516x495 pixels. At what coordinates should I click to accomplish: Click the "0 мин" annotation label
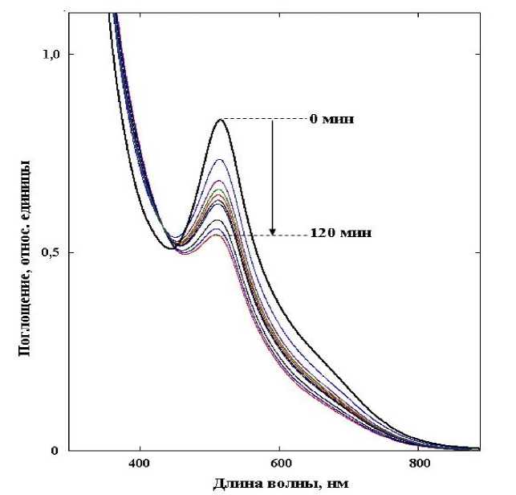click(x=331, y=120)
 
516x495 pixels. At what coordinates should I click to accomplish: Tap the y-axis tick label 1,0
click(x=51, y=55)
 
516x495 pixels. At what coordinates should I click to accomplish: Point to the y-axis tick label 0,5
click(x=51, y=252)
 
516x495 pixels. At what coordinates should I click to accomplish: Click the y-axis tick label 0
click(x=56, y=451)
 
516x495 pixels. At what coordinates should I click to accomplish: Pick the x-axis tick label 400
click(x=140, y=463)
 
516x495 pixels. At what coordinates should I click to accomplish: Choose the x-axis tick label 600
click(x=279, y=463)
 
